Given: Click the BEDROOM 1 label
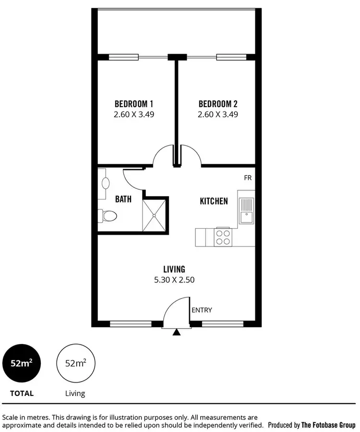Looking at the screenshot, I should pos(134,104).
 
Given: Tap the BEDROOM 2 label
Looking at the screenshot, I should pos(218,104).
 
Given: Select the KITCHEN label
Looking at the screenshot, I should pos(214,201).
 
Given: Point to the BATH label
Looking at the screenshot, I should pos(123,198).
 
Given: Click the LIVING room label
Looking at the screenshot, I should pos(174,270).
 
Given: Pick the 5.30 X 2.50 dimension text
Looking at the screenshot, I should pos(174,280).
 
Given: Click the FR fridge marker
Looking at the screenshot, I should pos(248,178).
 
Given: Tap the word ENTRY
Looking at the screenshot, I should pos(202,310).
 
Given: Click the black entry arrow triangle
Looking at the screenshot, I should pos(177,332).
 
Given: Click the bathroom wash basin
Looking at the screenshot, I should pos(105,183).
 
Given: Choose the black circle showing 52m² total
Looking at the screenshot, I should pos(22,363).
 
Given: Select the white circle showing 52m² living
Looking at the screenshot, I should pos(75,363).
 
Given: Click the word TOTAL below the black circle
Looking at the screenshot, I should pos(22,393).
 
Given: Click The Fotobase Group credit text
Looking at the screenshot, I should pos(328,425).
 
